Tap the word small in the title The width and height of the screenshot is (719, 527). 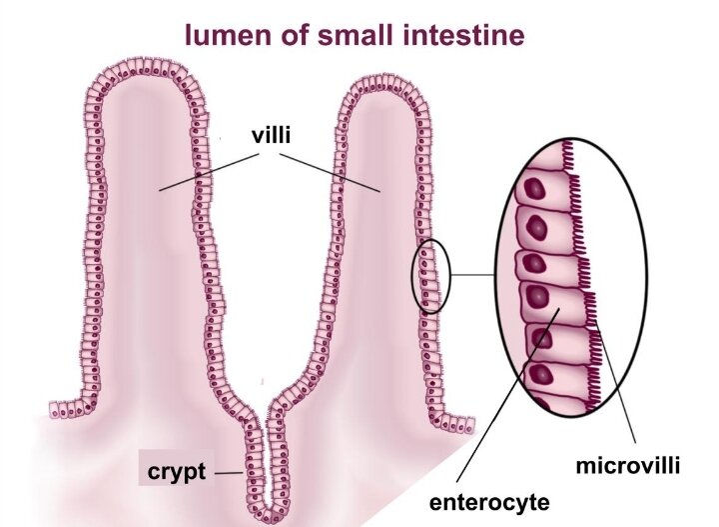(359, 34)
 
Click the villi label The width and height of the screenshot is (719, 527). (271, 136)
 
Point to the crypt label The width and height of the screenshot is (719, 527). (177, 472)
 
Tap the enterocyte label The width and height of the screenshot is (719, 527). (488, 502)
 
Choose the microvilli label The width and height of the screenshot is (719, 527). (627, 466)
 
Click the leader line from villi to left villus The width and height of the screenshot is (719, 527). (209, 172)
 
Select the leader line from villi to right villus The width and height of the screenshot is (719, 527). (330, 173)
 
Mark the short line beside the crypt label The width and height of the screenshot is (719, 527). (229, 473)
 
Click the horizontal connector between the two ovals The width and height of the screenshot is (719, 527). (473, 275)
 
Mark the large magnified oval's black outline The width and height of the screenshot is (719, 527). (496, 275)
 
